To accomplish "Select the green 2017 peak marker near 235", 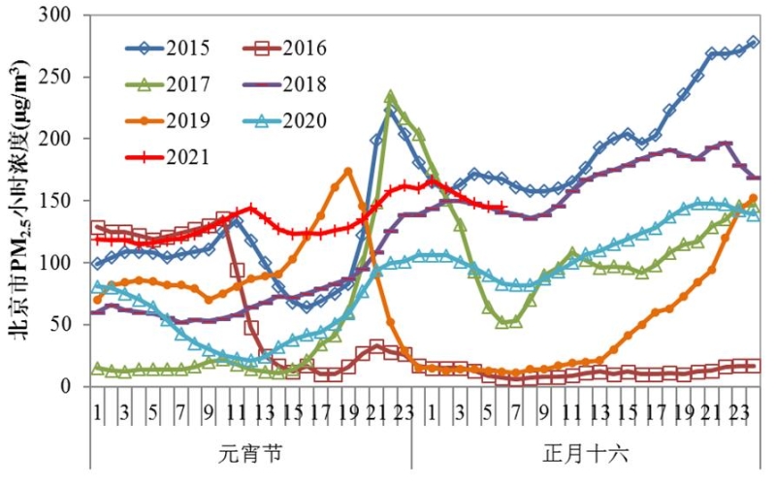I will [x=390, y=96].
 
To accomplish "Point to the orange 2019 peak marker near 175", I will [x=348, y=171].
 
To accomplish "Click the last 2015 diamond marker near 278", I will [x=754, y=43].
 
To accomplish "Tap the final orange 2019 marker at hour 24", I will [x=754, y=198].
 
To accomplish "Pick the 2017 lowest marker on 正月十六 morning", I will [x=502, y=322].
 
